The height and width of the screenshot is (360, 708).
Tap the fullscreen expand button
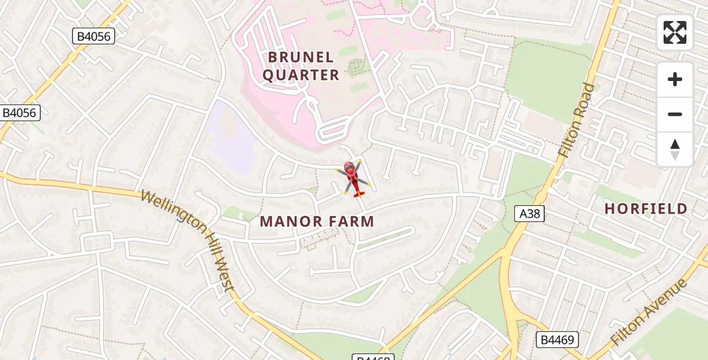tap(675, 32)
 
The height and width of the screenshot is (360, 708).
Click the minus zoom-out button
tap(675, 114)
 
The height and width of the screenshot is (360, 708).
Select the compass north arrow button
tap(675, 149)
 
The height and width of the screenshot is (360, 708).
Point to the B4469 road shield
tap(556, 340)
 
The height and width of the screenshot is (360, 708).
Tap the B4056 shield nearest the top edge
tap(94, 37)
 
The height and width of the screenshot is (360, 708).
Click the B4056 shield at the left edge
tap(20, 112)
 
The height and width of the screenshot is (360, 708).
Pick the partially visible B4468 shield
tap(373, 357)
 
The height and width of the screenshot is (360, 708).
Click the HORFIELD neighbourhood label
tap(646, 209)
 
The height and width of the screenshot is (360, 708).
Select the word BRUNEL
tap(301, 57)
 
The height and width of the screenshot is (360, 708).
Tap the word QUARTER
tap(301, 75)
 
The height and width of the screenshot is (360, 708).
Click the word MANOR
tap(290, 221)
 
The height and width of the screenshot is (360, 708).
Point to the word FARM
tap(351, 221)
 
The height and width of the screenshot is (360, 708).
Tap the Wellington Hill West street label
tap(188, 240)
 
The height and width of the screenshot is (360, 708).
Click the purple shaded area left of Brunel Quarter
tap(231, 137)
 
